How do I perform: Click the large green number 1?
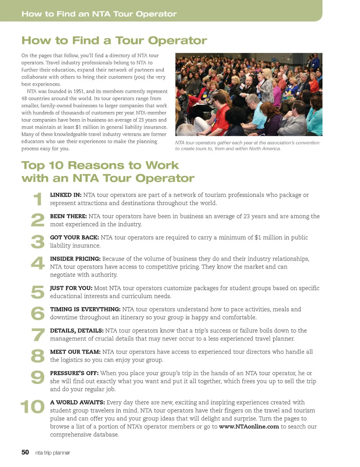click(x=37, y=199)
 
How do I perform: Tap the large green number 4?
click(x=37, y=263)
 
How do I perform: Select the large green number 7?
click(x=38, y=335)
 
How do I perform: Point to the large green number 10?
click(x=32, y=407)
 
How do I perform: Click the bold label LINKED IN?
click(x=66, y=195)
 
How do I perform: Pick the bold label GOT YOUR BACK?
click(x=74, y=237)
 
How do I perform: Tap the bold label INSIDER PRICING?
click(x=75, y=259)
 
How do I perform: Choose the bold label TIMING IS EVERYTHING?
click(x=85, y=309)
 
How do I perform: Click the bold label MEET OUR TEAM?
click(x=75, y=352)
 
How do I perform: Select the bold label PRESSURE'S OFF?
click(x=74, y=373)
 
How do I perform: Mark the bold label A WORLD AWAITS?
click(x=77, y=402)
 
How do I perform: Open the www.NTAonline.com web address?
click(x=249, y=426)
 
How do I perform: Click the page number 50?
click(x=25, y=452)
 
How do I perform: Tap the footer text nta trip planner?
click(x=52, y=453)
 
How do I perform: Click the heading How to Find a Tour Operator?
click(x=114, y=41)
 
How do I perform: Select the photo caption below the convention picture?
click(x=247, y=146)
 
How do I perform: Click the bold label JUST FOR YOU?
click(x=71, y=288)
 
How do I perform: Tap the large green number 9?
click(x=37, y=377)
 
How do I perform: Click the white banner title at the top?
click(x=99, y=14)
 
